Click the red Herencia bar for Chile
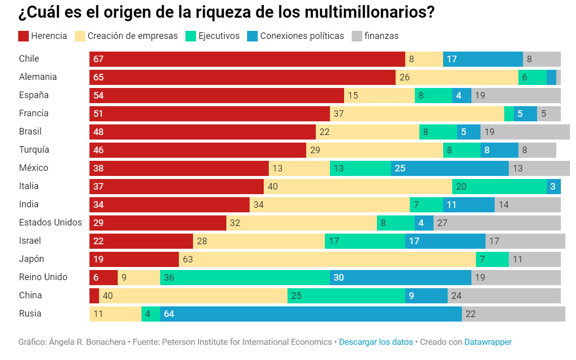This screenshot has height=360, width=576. (247, 59)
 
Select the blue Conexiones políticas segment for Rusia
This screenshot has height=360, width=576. (311, 314)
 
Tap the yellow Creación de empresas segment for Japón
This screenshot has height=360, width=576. (327, 259)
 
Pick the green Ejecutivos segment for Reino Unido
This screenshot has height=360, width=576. (245, 278)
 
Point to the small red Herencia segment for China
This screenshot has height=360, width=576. (94, 296)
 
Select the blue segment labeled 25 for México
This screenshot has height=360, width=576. (450, 168)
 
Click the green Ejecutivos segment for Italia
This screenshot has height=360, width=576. (499, 187)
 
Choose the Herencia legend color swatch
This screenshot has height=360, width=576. (23, 36)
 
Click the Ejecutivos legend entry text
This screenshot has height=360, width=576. (219, 36)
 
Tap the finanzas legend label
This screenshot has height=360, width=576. (381, 36)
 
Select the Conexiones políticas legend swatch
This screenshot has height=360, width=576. (253, 36)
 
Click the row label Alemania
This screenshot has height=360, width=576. (38, 77)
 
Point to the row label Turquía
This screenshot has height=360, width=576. (34, 150)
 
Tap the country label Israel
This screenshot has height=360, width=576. (30, 241)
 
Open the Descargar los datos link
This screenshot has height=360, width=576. (376, 342)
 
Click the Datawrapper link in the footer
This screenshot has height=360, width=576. (488, 342)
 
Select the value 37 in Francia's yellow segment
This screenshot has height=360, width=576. (339, 114)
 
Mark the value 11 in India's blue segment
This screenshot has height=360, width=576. (451, 205)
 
